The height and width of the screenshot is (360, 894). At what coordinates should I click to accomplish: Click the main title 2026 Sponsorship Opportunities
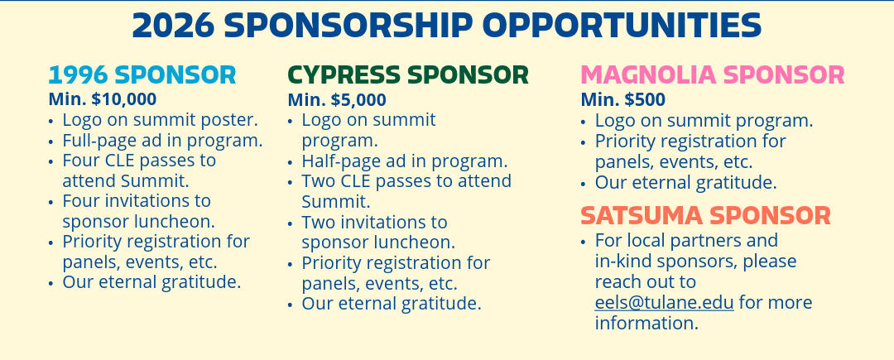pyautogui.click(x=446, y=25)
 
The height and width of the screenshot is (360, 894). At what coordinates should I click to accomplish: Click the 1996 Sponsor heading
pyautogui.click(x=142, y=75)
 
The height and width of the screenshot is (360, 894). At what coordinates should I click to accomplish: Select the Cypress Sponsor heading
pyautogui.click(x=408, y=75)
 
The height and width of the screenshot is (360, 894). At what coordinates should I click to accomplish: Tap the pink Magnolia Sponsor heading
pyautogui.click(x=713, y=75)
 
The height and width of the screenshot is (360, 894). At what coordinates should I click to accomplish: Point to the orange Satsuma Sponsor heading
pyautogui.click(x=706, y=216)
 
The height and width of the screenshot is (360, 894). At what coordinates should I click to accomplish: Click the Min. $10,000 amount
pyautogui.click(x=103, y=99)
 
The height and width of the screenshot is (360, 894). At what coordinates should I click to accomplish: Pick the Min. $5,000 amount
pyautogui.click(x=337, y=100)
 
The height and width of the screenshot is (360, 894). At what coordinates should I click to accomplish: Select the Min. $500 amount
pyautogui.click(x=623, y=100)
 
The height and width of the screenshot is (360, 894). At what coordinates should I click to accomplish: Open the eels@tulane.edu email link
pyautogui.click(x=664, y=302)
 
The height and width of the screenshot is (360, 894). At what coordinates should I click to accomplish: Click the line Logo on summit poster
pyautogui.click(x=161, y=120)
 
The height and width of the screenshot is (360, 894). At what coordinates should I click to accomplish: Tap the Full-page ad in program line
pyautogui.click(x=162, y=141)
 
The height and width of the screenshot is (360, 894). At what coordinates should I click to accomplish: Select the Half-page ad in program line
pyautogui.click(x=404, y=161)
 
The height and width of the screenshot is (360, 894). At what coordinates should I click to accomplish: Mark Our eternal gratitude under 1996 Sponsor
pyautogui.click(x=151, y=282)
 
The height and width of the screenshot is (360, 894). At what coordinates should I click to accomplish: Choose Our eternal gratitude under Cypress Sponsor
pyautogui.click(x=391, y=304)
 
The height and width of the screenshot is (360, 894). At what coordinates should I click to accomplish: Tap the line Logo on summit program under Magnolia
pyautogui.click(x=704, y=121)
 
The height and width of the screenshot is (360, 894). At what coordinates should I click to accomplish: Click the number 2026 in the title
pyautogui.click(x=173, y=25)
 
